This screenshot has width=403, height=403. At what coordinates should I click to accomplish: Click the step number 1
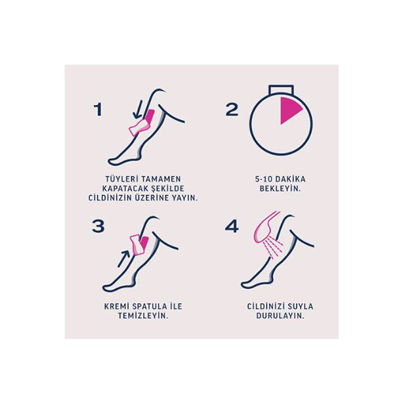(x=98, y=109)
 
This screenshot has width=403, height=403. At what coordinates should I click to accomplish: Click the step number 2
(x=232, y=109)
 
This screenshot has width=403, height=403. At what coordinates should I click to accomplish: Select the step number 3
(x=98, y=226)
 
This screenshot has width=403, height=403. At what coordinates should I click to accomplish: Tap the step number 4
(x=232, y=226)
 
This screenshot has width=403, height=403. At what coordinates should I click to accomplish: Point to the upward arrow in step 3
(x=124, y=257)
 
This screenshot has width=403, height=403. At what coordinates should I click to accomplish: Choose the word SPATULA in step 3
(x=145, y=306)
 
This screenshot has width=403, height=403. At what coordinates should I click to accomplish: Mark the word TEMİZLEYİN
(x=144, y=316)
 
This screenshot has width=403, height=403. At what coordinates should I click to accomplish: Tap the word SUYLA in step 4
(x=299, y=306)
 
